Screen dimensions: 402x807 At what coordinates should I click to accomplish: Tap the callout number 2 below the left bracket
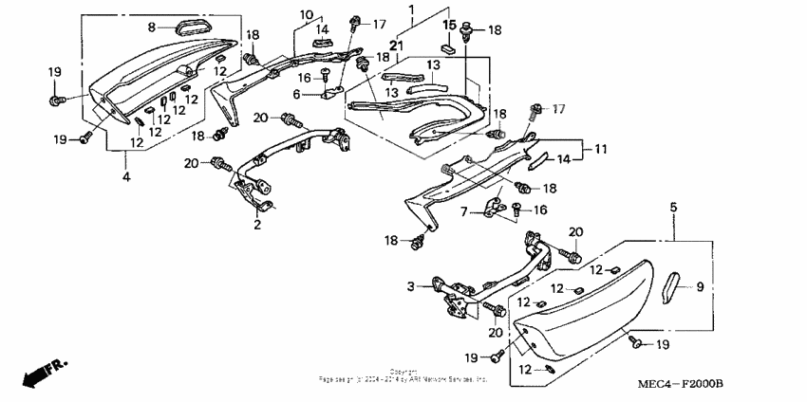(256, 226)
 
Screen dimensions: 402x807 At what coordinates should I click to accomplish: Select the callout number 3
(411, 285)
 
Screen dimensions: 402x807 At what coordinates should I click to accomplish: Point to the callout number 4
(126, 176)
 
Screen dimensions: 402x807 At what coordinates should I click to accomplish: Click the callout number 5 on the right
(673, 207)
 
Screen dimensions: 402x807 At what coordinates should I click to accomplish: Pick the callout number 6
(295, 94)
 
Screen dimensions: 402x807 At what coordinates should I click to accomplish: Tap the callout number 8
(152, 27)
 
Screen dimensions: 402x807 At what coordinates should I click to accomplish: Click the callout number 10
(307, 14)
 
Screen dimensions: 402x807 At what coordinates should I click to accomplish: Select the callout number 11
(600, 149)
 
